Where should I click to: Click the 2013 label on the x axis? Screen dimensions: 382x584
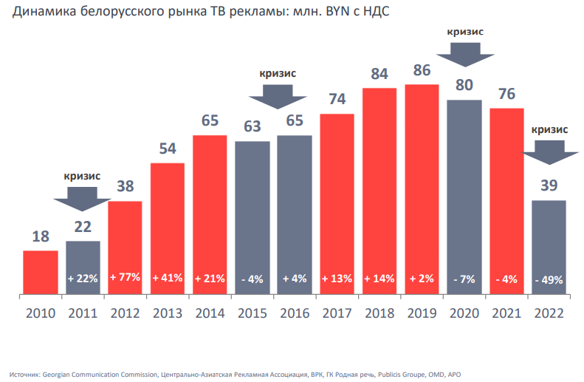pyautogui.click(x=168, y=313)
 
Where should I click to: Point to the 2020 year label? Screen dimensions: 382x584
pyautogui.click(x=464, y=313)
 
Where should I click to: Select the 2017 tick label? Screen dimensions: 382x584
pyautogui.click(x=337, y=313)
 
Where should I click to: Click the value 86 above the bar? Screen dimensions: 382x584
pyautogui.click(x=422, y=72)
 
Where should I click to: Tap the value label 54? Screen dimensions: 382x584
pyautogui.click(x=168, y=149)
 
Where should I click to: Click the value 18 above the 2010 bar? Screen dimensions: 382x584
pyautogui.click(x=41, y=237)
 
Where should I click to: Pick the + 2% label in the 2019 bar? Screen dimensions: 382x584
pyautogui.click(x=422, y=279)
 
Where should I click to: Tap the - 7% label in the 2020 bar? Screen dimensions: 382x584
pyautogui.click(x=464, y=279)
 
